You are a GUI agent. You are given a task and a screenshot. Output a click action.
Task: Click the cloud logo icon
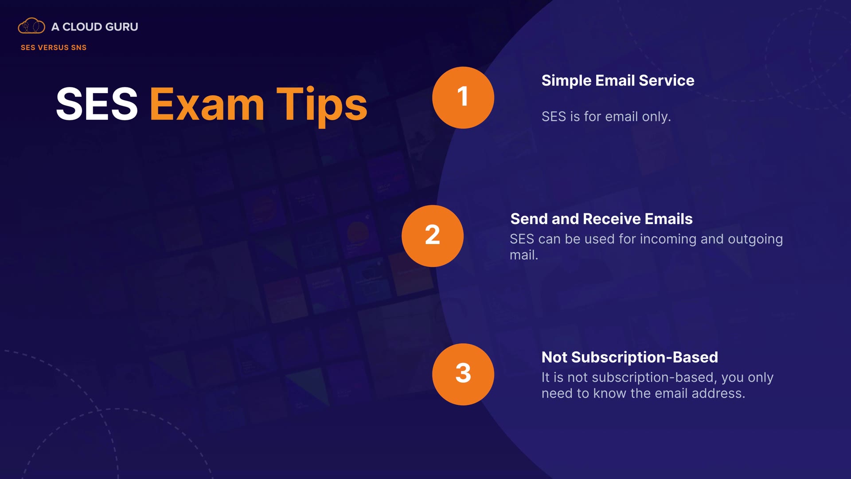(x=31, y=26)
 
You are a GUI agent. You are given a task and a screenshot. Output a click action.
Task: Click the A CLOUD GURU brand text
(x=94, y=27)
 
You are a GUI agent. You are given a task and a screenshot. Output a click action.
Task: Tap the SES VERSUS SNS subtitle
(x=54, y=47)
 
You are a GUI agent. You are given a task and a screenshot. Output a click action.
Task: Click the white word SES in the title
(x=97, y=104)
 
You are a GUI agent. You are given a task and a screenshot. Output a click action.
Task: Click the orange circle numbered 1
(x=463, y=98)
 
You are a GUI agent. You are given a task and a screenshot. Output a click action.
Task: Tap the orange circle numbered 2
(x=433, y=236)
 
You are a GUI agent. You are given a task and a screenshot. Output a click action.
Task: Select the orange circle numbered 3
(x=463, y=374)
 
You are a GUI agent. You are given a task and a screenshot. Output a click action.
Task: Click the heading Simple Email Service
(x=618, y=81)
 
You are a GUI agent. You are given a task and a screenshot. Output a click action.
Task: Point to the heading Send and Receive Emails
(x=601, y=219)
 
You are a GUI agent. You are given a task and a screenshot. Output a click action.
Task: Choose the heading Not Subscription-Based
(x=630, y=357)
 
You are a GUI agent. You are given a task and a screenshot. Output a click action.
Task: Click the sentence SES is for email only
(x=606, y=117)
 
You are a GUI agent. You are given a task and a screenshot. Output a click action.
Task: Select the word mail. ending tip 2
(x=524, y=255)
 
